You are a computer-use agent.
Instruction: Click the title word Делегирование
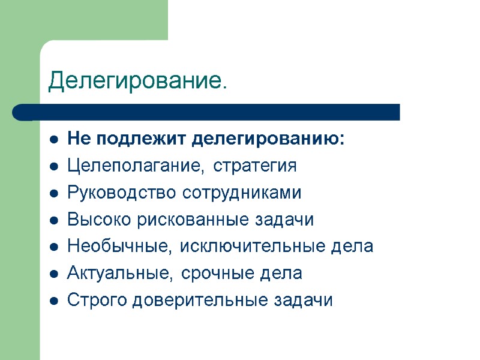point(137,80)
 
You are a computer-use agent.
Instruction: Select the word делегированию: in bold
point(269,140)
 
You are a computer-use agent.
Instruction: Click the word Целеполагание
point(137,166)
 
